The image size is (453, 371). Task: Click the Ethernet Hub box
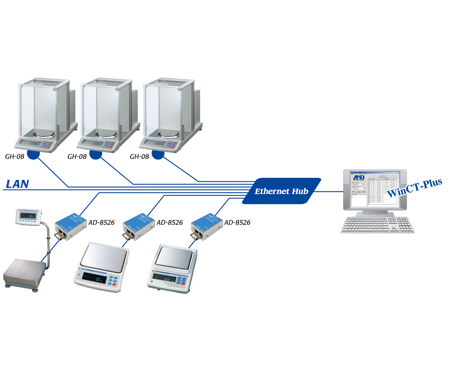click(x=281, y=191)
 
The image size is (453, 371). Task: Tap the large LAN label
click(x=17, y=184)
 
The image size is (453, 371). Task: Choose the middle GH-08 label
click(x=77, y=156)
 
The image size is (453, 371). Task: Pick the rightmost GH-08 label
click(x=139, y=156)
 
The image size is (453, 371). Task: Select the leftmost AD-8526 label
click(x=102, y=223)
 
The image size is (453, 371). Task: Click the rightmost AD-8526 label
click(x=237, y=223)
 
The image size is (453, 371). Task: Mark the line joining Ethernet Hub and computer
click(x=328, y=191)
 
